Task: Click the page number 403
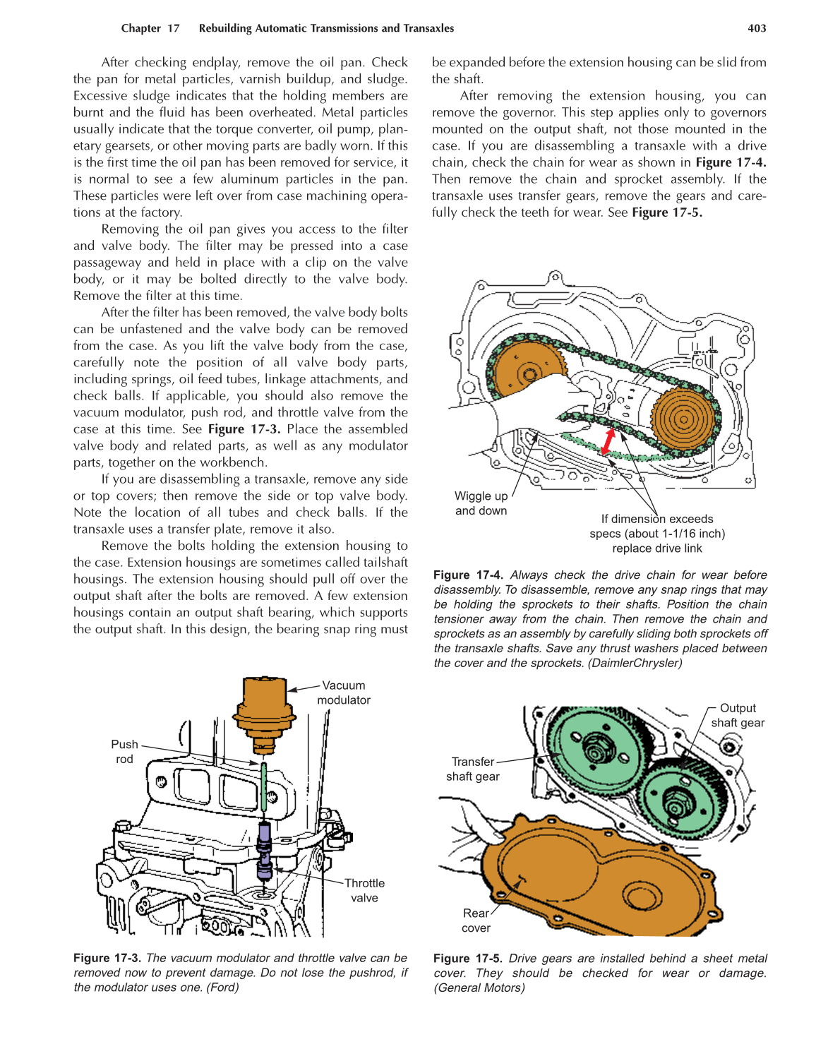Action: pyautogui.click(x=757, y=28)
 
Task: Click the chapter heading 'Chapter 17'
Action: pyautogui.click(x=150, y=28)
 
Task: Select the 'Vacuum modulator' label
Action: pyautogui.click(x=343, y=692)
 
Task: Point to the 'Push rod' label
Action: pyautogui.click(x=124, y=752)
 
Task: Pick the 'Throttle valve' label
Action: pyautogui.click(x=364, y=890)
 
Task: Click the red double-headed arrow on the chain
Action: pyautogui.click(x=608, y=441)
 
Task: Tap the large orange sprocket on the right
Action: pyautogui.click(x=682, y=419)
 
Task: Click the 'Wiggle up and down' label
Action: pyautogui.click(x=481, y=503)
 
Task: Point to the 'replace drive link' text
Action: pyautogui.click(x=656, y=548)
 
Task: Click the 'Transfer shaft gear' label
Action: pyautogui.click(x=472, y=769)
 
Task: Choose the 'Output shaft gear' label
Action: pyautogui.click(x=737, y=715)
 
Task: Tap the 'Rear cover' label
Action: pyautogui.click(x=476, y=920)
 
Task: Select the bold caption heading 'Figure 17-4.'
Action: pyautogui.click(x=468, y=575)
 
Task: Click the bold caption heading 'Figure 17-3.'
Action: pyautogui.click(x=107, y=958)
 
